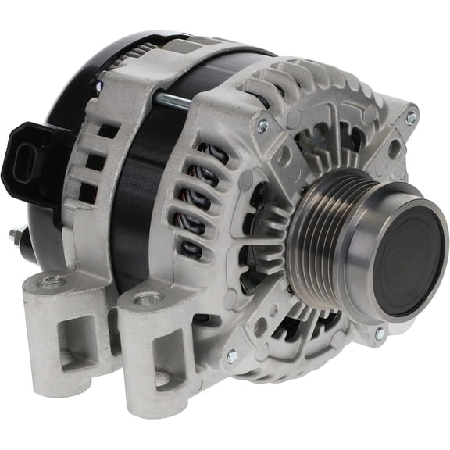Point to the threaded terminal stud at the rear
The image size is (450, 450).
pyautogui.click(x=16, y=234)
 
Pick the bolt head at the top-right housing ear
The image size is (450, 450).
pyautogui.click(x=411, y=118)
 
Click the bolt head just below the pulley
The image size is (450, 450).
pyautogui.click(x=380, y=334)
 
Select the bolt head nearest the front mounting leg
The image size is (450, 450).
pyautogui.click(x=231, y=357)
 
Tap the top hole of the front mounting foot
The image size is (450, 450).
pyautogui.click(x=147, y=298)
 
